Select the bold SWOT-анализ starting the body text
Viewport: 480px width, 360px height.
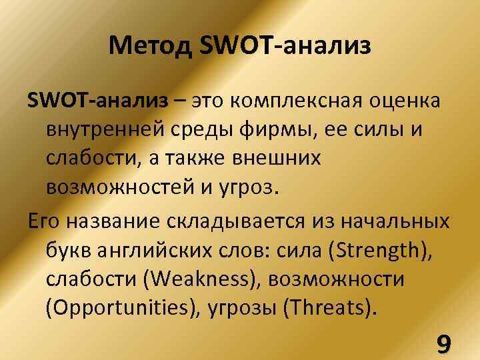coord(97,101)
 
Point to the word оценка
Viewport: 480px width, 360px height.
coord(406,101)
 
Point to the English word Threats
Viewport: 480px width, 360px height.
coord(336,307)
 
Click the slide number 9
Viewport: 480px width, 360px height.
coord(442,343)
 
